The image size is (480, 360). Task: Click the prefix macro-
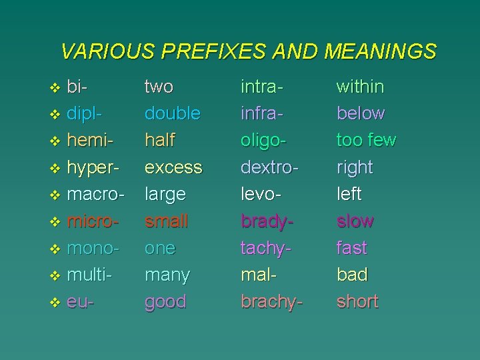(97, 194)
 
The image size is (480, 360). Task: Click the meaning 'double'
(173, 113)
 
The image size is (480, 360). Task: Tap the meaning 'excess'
(173, 167)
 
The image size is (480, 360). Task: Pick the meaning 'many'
(167, 275)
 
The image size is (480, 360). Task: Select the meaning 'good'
(166, 301)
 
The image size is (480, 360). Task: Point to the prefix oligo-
(265, 141)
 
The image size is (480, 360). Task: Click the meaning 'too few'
(367, 140)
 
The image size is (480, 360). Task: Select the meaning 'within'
(360, 87)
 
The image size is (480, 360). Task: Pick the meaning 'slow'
(355, 221)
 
